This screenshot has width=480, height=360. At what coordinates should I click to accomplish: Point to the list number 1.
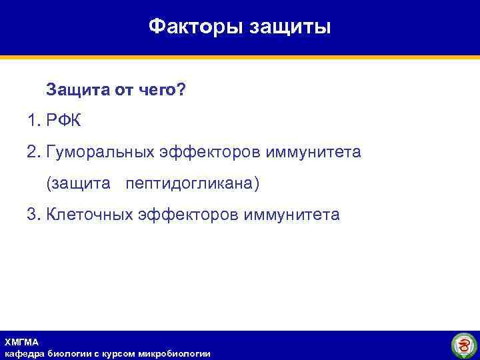[x=33, y=121]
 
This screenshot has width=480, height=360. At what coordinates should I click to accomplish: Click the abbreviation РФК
[x=63, y=121]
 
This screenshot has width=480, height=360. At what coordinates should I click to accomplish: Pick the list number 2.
[x=33, y=152]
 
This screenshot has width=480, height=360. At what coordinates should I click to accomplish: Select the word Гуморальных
[x=100, y=152]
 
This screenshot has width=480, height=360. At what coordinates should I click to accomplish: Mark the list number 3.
[x=33, y=215]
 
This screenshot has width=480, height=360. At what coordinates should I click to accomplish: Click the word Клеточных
[x=89, y=215]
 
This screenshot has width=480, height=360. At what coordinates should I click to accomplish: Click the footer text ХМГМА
[x=21, y=341]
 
